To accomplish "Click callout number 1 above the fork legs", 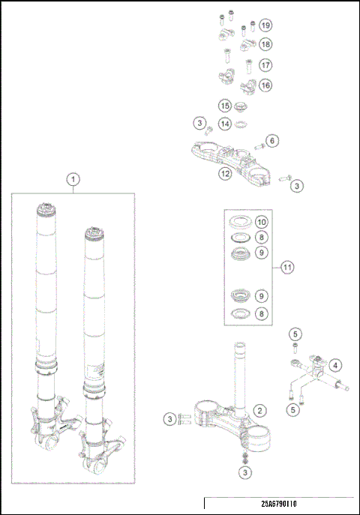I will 73,179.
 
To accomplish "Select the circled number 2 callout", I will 259,410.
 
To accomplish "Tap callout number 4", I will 335,365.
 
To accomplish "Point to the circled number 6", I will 272,140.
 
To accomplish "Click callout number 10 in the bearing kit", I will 261,223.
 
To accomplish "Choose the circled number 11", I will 287,267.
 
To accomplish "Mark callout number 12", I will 224,174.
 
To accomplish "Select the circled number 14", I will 224,123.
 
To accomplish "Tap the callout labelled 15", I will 224,106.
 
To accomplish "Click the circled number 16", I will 265,85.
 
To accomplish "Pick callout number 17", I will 265,65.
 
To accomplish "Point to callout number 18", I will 265,45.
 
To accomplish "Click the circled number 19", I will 265,25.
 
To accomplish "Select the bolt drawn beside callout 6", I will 256,142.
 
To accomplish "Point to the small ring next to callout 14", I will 241,124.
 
